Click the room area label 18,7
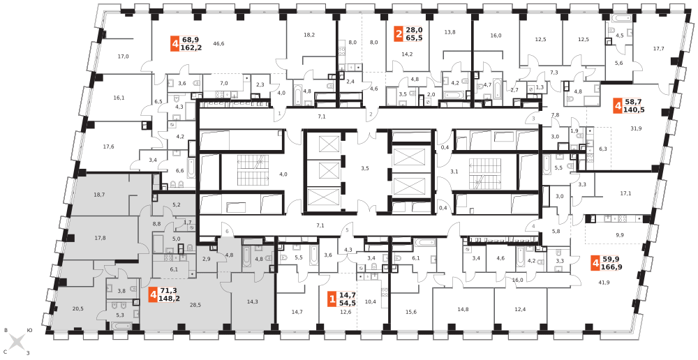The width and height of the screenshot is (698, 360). coord(99,195)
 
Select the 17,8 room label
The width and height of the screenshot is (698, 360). coord(100,238)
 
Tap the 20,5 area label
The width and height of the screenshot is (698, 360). coord(78,308)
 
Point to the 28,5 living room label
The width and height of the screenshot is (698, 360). coord(195,305)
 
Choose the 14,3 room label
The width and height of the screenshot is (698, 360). coord(252,301)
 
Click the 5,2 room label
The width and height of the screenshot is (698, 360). coord(177,204)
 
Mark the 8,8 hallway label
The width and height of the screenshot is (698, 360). coord(157,223)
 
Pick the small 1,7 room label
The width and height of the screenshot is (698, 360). coord(187,223)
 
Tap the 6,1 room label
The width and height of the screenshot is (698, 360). coord(174,269)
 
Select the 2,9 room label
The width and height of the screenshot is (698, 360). coord(207,259)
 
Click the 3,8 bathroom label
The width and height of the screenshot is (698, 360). coord(121,291)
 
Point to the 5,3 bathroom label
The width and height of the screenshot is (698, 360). coord(119,315)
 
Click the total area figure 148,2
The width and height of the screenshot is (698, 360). coord(170,299)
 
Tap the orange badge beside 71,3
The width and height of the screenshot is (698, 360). coord(153,294)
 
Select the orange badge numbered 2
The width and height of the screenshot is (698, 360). coord(399,34)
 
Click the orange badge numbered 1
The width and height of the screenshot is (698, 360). coord(332,299)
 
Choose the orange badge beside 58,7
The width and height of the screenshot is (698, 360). coord(618,105)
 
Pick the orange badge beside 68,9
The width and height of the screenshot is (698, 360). coord(175,44)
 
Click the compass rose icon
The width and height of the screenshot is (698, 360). coord(17,342)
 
